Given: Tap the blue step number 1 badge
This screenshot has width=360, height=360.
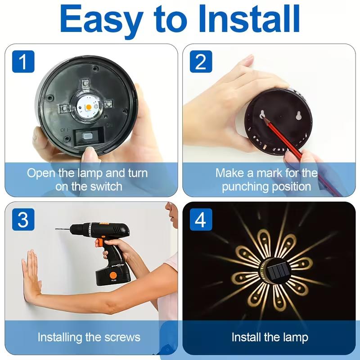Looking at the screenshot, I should (x=22, y=62).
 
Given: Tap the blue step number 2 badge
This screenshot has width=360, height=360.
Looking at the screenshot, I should (x=200, y=62).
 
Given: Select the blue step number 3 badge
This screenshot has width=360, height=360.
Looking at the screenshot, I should (x=22, y=220).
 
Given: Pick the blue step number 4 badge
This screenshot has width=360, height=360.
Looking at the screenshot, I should (x=200, y=220).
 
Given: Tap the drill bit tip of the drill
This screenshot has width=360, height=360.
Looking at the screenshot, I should (x=57, y=229).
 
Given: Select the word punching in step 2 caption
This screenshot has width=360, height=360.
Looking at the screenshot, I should (x=246, y=186).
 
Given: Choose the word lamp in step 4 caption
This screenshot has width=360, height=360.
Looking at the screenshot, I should (x=294, y=337).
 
